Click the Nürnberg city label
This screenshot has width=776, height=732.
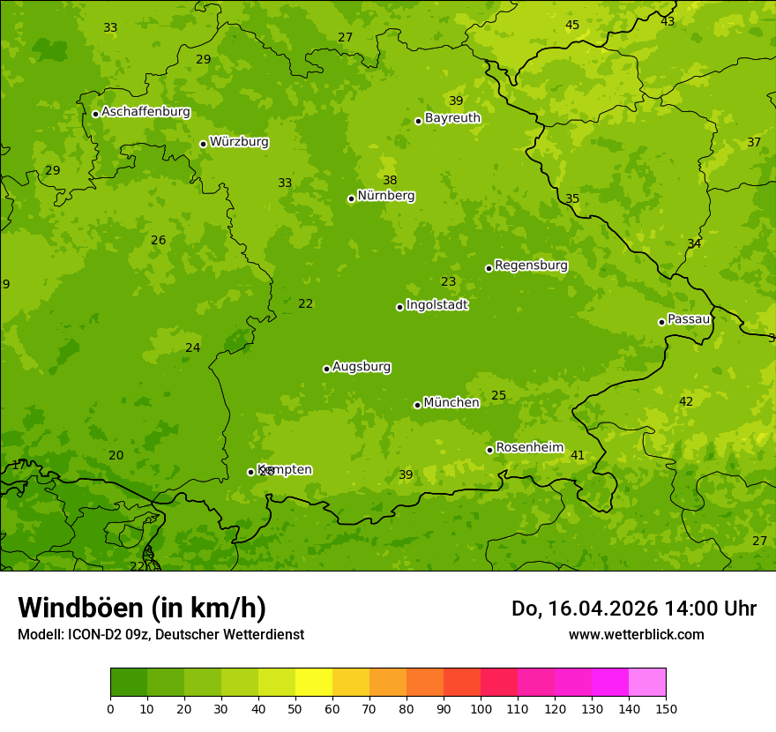tap(385, 196)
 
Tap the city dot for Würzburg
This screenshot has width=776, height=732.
tap(203, 144)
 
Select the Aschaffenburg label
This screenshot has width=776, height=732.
tap(145, 112)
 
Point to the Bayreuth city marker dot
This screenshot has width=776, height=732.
tap(418, 121)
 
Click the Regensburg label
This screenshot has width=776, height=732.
tap(531, 265)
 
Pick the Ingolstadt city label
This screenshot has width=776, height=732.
tap(436, 305)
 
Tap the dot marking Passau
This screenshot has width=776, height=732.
tap(661, 322)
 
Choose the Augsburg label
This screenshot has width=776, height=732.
tap(362, 367)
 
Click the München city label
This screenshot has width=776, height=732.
tap(451, 403)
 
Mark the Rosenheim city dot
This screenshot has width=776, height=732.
tap(489, 450)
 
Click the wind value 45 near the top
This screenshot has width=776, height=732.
tap(572, 26)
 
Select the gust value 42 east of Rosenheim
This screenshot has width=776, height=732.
tap(686, 402)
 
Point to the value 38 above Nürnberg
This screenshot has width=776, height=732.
tap(390, 181)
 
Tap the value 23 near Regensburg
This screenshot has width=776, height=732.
tap(449, 282)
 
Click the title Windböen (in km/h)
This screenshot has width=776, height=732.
tap(142, 608)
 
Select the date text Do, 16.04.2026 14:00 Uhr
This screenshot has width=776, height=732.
tap(634, 609)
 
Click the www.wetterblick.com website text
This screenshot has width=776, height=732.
tap(636, 635)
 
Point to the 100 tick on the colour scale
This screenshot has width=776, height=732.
tap(481, 708)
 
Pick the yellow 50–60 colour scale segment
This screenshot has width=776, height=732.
tap(314, 683)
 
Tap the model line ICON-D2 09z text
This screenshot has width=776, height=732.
tap(160, 635)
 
